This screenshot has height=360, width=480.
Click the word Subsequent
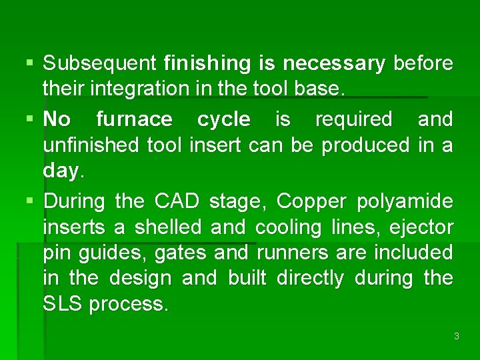click(99, 63)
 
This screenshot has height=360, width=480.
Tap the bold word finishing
click(207, 63)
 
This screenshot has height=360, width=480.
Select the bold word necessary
click(334, 63)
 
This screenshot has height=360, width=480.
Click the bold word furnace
click(134, 119)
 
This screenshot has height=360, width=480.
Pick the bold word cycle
click(224, 119)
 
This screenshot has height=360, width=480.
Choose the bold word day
click(61, 171)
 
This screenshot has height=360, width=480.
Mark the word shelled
click(169, 227)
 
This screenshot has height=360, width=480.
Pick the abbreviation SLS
click(63, 304)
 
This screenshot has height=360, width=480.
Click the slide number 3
click(456, 336)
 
